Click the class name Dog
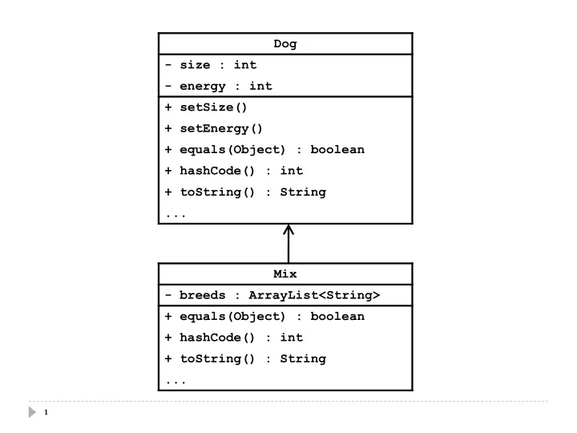coord(284,44)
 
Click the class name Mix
coord(284,273)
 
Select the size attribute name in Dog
coord(195,65)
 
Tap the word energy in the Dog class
coord(203,87)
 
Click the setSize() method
coord(213,107)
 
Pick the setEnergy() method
coord(221,129)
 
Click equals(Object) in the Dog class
coord(232,150)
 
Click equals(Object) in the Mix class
coord(232,317)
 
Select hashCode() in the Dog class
coord(216,171)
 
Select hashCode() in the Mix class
coord(216,338)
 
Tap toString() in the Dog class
coord(216,192)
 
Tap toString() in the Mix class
coord(216,359)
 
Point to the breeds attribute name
coord(202,295)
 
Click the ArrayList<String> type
coord(314,295)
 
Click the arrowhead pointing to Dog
coord(288,229)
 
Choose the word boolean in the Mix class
coord(337,316)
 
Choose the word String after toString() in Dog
coord(303,192)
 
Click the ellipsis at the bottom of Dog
coord(176,216)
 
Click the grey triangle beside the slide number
coord(32,412)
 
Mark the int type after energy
coord(260,86)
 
